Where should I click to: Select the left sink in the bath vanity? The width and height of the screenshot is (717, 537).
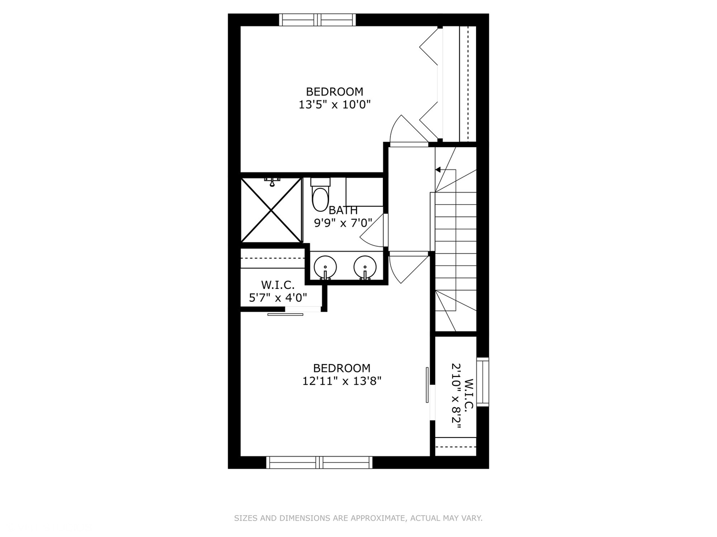pyautogui.click(x=325, y=267)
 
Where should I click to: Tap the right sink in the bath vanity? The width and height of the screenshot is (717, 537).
pyautogui.click(x=365, y=267)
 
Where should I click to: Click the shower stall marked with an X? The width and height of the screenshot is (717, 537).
pyautogui.click(x=271, y=210)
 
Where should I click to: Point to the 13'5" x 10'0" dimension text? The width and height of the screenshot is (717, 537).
pyautogui.click(x=335, y=105)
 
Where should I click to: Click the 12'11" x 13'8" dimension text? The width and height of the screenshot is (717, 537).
pyautogui.click(x=342, y=381)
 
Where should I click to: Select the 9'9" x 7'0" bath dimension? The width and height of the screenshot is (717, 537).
pyautogui.click(x=343, y=223)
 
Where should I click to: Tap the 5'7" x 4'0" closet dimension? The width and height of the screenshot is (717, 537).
pyautogui.click(x=278, y=298)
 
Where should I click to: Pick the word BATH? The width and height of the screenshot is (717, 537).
pyautogui.click(x=343, y=210)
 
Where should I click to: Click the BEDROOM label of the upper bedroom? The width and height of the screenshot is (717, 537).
pyautogui.click(x=334, y=91)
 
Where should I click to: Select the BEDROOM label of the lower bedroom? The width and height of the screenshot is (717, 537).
pyautogui.click(x=342, y=368)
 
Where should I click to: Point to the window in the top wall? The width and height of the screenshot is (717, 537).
pyautogui.click(x=317, y=20)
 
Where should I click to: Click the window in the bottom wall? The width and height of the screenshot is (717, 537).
pyautogui.click(x=319, y=462)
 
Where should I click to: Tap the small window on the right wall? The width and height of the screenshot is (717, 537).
pyautogui.click(x=482, y=382)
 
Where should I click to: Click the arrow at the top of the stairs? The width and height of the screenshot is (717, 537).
pyautogui.click(x=438, y=170)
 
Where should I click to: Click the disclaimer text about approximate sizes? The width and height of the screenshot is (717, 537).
pyautogui.click(x=358, y=518)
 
